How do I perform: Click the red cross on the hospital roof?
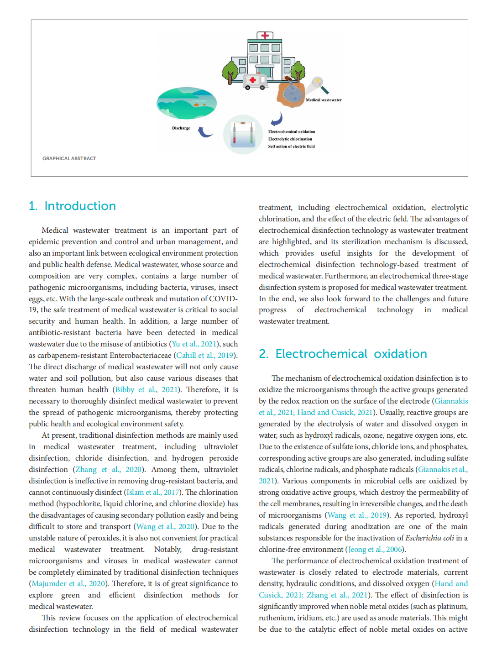(x=265, y=35)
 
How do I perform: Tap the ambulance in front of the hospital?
(x=255, y=81)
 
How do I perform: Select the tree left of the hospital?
(x=230, y=72)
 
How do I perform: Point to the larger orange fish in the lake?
(x=196, y=105)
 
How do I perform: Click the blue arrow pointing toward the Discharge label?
(x=205, y=132)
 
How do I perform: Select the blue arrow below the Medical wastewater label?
(x=277, y=120)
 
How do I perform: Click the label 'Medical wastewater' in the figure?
(x=324, y=100)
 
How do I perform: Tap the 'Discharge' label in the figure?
(x=181, y=128)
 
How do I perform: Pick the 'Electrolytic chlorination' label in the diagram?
(x=290, y=139)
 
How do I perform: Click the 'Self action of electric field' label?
(x=291, y=147)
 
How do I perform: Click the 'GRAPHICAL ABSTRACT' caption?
(x=69, y=158)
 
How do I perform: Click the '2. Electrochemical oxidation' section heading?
(x=343, y=354)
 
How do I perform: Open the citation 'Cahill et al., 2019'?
(x=205, y=355)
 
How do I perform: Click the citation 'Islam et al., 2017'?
(x=152, y=492)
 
